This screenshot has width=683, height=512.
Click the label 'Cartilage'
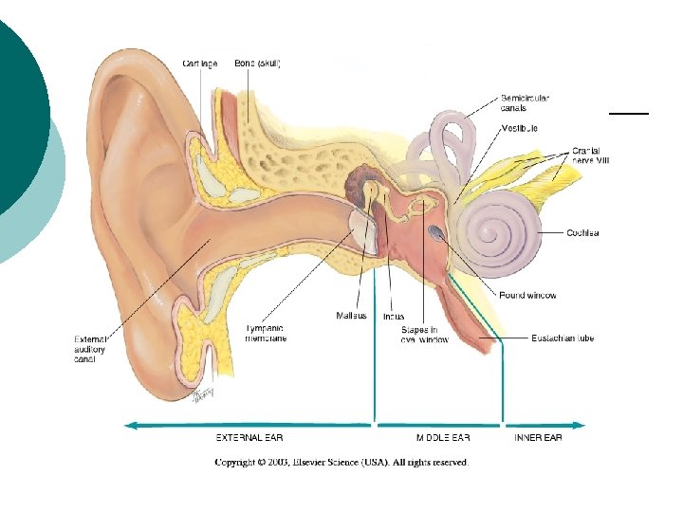coord(200,64)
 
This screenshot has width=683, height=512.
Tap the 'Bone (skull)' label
coord(257,64)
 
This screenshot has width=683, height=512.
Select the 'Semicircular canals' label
coord(525,102)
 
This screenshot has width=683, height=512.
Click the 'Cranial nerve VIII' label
coord(592,155)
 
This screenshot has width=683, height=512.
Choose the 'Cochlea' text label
coord(583,232)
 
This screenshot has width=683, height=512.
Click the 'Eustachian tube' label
coord(562,338)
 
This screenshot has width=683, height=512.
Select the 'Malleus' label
coord(351,316)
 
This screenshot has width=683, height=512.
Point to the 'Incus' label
coord(394,316)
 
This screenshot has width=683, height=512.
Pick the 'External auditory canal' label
coord(92,348)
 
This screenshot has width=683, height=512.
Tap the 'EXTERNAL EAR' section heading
coord(249,438)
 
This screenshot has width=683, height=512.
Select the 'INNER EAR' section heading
coord(538,438)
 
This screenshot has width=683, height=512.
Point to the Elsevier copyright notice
coord(341,463)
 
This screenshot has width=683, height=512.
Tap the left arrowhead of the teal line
coord(132,425)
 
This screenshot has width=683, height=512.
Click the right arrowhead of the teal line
coord(579,425)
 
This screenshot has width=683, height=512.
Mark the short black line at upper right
coord(628,113)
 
